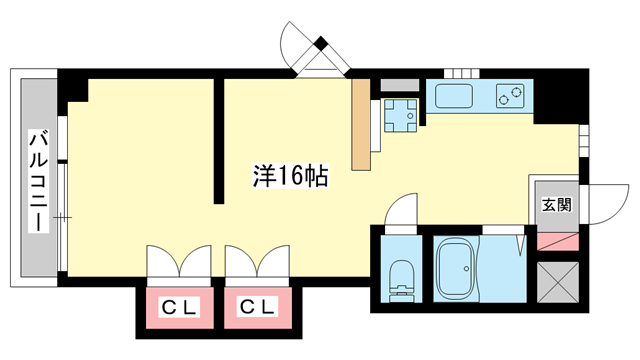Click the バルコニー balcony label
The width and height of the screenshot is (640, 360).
[36, 179]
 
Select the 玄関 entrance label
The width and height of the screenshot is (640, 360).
[556, 205]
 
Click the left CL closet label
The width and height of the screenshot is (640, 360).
[176, 307]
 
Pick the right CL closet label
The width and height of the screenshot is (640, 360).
[255, 307]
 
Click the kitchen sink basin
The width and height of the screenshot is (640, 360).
[457, 98]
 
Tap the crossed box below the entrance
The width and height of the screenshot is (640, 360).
[556, 280]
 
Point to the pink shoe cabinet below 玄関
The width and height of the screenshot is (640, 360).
[556, 240]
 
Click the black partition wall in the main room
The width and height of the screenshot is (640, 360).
[217, 140]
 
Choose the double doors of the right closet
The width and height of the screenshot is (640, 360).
[255, 264]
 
